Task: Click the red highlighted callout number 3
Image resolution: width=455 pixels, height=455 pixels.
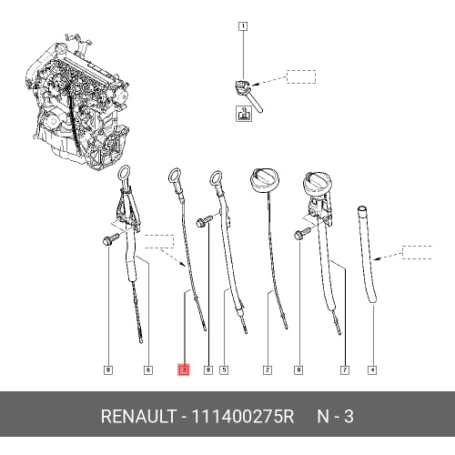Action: (184, 369)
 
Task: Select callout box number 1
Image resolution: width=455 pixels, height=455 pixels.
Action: (243, 26)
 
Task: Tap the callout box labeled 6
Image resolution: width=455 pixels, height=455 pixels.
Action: (148, 370)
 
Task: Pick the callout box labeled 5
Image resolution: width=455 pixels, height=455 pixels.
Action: (224, 370)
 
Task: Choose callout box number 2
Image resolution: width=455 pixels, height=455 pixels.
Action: (268, 370)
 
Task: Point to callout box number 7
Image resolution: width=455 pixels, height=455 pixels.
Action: (345, 370)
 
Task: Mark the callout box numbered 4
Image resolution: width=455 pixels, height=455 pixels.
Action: (372, 370)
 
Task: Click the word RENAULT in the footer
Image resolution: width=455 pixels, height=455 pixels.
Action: (138, 416)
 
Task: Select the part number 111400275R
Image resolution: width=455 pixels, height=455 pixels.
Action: (243, 416)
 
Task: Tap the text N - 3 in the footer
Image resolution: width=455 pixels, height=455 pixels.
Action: (335, 416)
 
